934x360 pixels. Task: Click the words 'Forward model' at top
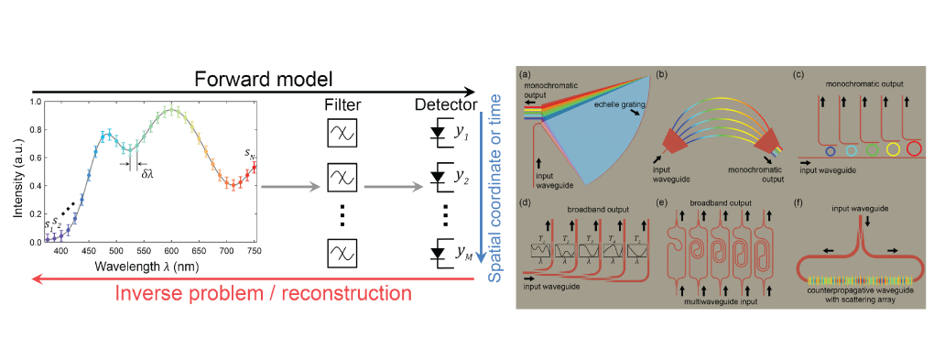coord(255,78)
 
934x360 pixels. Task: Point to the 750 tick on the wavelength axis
coord(255,250)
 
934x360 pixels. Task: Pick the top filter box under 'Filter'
coord(341,134)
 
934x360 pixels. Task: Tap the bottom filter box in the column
coord(341,251)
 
